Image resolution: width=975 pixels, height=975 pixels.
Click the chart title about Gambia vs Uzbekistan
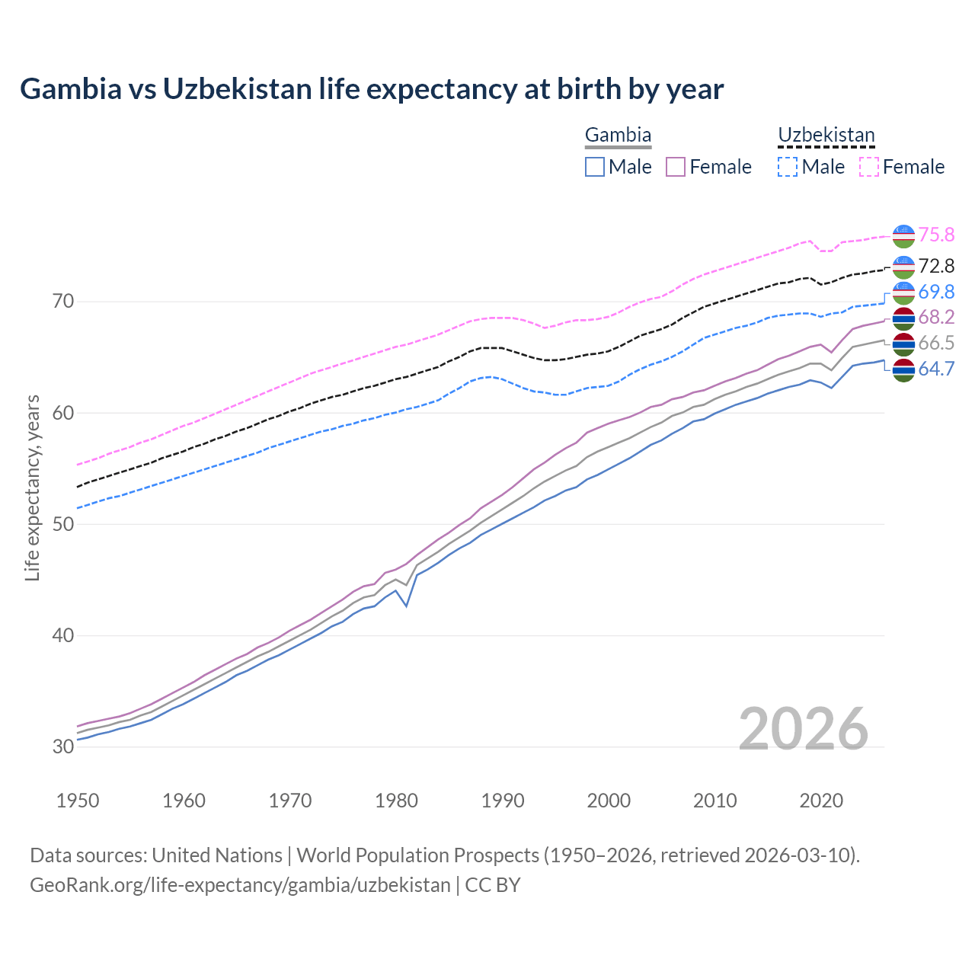coord(372,89)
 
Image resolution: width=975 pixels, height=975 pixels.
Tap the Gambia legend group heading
coord(618,136)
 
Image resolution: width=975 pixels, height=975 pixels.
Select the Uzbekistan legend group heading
coord(826,136)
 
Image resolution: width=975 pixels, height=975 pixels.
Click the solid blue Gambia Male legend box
coord(595,167)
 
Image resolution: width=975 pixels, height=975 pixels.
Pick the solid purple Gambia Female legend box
coord(676,167)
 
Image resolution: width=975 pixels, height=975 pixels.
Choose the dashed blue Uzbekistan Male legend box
coord(788,167)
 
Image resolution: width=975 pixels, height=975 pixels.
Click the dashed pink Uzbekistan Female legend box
coord(869,167)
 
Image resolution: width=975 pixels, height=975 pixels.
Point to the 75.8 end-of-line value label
coord(936,235)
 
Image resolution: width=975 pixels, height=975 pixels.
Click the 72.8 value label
coord(936,266)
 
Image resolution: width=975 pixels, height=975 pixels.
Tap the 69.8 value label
coord(936,292)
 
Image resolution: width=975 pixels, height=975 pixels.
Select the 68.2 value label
coord(936,317)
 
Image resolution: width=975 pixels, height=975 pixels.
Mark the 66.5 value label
coord(936,343)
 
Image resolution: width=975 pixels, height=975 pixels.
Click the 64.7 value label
coord(936,369)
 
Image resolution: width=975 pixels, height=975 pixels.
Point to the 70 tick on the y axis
coord(63,302)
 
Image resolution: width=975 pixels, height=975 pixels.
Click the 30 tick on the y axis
coord(63,747)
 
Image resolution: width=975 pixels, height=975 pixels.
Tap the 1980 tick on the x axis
coord(397,801)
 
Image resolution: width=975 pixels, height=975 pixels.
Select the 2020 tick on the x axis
coord(821,801)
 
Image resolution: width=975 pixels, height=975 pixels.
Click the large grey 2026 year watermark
coord(803,729)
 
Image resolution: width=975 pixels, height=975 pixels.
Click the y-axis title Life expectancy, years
coord(33,487)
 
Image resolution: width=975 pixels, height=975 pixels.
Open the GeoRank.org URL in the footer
coord(240,885)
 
